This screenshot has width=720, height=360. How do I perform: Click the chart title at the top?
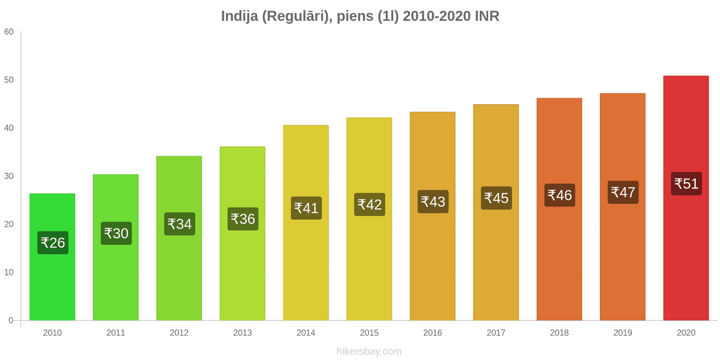pos(360,16)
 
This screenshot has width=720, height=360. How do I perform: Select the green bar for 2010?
pos(52,257)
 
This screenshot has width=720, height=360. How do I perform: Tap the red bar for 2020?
pos(686,198)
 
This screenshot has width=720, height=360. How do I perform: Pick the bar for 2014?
pos(306,223)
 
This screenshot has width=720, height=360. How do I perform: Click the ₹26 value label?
pos(53,243)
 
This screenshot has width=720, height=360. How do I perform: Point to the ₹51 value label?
pos(686,184)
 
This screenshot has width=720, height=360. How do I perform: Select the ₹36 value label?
pos(243,219)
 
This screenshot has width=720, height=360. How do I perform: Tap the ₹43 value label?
pos(433,202)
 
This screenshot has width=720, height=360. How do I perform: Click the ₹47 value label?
pos(623,192)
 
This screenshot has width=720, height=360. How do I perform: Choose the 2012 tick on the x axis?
pos(179,333)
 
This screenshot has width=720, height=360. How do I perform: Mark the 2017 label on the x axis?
pos(496,333)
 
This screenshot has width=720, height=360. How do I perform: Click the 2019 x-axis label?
pos(623,333)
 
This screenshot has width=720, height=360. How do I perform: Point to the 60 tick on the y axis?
pos(9,31)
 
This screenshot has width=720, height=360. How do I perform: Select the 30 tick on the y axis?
pos(9,176)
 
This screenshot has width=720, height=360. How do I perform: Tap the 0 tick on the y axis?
pos(11,320)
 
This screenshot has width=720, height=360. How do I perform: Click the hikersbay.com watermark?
pos(369,351)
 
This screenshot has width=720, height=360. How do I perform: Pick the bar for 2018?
pos(559,209)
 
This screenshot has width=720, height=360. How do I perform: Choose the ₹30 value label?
pos(117,234)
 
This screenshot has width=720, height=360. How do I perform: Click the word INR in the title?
pos(487,16)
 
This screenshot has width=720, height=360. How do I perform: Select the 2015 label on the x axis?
pos(369,333)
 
